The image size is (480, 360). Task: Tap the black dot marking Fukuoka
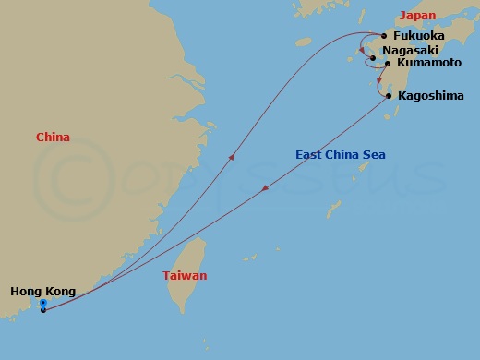(384, 37)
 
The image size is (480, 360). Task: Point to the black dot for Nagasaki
(372, 58)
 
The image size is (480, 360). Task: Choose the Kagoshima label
(430, 96)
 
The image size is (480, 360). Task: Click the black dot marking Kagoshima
(388, 96)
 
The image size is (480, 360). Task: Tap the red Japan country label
(416, 15)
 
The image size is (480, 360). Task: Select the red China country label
(53, 138)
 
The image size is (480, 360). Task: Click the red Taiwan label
(185, 276)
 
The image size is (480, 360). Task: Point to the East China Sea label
(341, 154)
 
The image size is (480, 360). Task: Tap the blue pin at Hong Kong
(43, 304)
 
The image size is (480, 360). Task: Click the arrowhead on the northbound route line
(231, 157)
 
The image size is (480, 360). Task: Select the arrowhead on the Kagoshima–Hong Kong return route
(266, 188)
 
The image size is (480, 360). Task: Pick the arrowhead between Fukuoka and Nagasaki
(362, 50)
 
